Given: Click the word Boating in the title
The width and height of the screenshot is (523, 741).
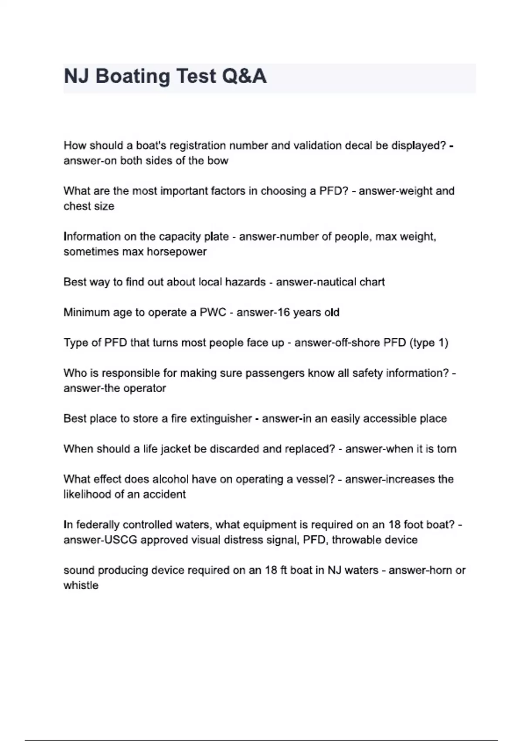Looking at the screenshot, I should tap(133, 76).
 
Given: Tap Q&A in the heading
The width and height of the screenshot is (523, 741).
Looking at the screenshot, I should tap(244, 76).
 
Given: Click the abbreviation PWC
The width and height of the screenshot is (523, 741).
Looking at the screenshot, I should tap(213, 313).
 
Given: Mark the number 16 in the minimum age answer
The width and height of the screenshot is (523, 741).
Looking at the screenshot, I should tap(283, 313).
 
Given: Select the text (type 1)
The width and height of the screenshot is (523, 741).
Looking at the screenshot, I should tap(429, 343).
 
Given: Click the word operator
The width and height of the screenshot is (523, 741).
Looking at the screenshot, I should tap(145, 388).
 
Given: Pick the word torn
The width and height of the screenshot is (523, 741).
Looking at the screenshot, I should tap(447, 449).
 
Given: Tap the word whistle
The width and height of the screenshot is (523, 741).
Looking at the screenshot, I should tap(81, 585).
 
